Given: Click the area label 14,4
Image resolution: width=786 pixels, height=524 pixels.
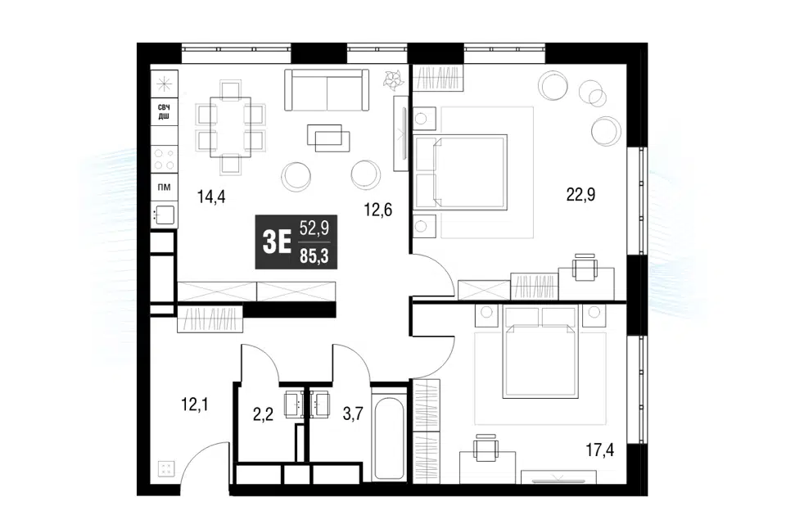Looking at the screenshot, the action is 211,196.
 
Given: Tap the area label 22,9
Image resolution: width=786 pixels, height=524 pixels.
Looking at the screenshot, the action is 580,194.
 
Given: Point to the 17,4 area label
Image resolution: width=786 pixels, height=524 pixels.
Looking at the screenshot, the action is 599,450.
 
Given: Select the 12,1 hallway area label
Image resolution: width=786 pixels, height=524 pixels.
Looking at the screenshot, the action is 194,404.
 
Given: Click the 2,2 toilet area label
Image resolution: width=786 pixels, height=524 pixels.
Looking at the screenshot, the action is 263,414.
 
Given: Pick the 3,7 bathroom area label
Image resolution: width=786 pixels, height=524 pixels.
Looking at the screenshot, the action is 353,414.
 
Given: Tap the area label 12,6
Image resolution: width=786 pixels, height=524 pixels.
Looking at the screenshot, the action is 378,210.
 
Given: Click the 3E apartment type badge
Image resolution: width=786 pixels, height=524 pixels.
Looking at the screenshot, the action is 277,242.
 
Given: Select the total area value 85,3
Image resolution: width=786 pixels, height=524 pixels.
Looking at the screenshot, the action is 314,257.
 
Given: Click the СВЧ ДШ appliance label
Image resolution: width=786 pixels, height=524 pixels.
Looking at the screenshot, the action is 164,112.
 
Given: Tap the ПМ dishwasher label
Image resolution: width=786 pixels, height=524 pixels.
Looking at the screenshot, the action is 164,187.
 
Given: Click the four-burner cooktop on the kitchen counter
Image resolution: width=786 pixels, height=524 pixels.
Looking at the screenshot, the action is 165,160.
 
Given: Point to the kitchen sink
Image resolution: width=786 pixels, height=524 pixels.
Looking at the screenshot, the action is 164,215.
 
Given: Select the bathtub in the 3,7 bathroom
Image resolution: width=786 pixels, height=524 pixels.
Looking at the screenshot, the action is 389,438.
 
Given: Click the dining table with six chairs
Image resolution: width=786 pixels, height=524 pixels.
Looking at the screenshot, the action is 231,127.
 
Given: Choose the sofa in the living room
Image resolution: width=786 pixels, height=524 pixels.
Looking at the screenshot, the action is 327,90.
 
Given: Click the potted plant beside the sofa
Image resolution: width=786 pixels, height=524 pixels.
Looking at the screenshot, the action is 394,79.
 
